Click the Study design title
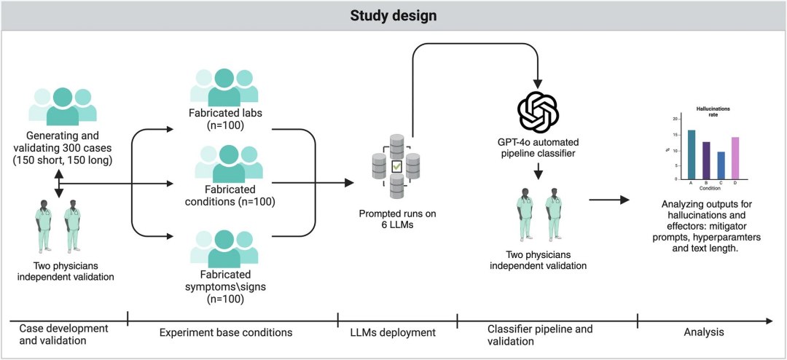[393, 15]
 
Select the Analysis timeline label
[703, 332]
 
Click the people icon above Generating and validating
[63, 104]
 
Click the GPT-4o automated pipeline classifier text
[538, 147]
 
